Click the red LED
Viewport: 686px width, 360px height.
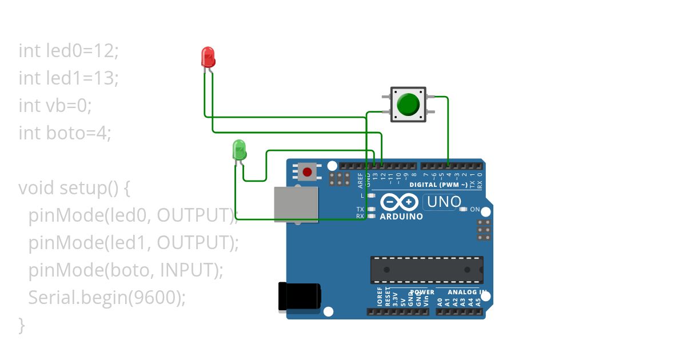(208, 57)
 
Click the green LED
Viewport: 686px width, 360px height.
(239, 150)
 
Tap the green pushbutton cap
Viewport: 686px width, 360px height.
(408, 105)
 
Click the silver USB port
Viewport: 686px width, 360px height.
(296, 204)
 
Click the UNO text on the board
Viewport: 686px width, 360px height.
(444, 202)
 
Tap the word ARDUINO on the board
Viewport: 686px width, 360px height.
(401, 217)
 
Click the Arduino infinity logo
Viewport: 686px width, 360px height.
(400, 202)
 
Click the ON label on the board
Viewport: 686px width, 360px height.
(475, 210)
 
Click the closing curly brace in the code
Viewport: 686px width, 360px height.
(22, 325)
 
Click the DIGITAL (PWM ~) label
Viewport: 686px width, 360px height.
(438, 185)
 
